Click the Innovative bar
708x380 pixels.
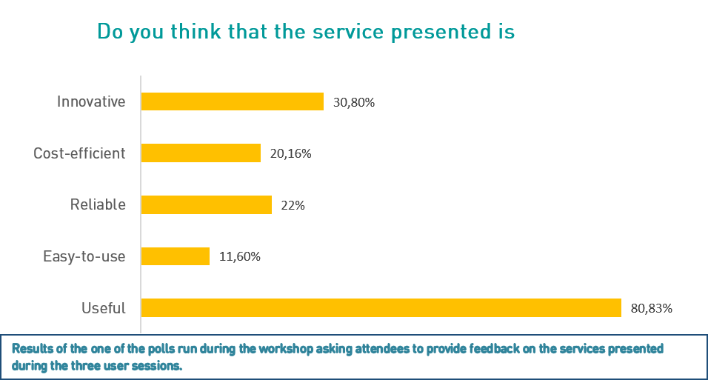[232, 101]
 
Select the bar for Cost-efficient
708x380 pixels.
[201, 153]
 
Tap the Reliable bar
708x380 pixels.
[206, 204]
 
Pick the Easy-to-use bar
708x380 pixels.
[176, 256]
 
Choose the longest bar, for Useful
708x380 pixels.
[381, 308]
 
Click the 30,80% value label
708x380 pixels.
[354, 102]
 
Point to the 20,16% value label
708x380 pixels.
[291, 154]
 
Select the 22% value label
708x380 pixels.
[293, 205]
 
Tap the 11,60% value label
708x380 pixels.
[240, 257]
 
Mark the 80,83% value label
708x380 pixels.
[652, 308]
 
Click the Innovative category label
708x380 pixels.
[91, 101]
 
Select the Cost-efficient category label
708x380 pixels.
[79, 153]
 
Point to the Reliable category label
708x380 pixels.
[98, 204]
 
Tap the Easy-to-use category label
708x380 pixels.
[84, 256]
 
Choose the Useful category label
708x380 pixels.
[104, 308]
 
